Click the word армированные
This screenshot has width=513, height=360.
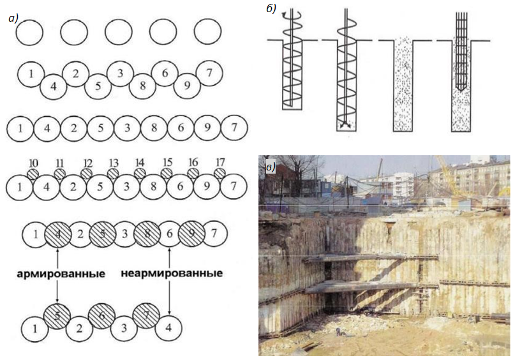pos(61,274)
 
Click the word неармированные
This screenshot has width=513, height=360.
pos(172,273)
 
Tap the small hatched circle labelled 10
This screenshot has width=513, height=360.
pos(33,174)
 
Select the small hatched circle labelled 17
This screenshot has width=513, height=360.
pos(220,173)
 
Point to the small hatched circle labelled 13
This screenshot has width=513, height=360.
pos(113,174)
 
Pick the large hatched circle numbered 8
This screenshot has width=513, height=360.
pos(147,234)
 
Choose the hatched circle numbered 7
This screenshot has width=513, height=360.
pos(146,316)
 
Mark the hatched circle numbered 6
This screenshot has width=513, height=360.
pos(101,316)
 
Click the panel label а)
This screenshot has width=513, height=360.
pos(13,19)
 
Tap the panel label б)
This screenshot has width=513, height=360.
pos(271,8)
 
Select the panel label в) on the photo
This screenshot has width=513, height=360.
pos(271,168)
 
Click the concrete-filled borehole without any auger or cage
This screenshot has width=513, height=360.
pos(403,85)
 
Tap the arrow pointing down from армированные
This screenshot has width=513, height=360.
pos(57,292)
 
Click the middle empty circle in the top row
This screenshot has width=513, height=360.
pos(119,33)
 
